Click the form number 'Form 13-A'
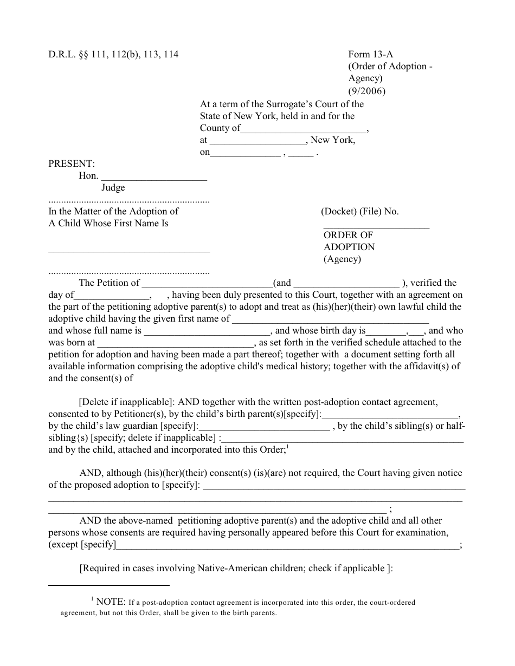[x=368, y=54]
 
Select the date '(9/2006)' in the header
[x=366, y=91]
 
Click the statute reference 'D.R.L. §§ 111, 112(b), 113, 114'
[x=113, y=54]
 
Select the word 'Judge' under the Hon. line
[x=113, y=187]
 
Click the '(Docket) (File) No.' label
[x=359, y=212]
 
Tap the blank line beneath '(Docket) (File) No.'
[x=376, y=227]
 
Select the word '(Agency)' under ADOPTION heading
[x=342, y=259]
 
